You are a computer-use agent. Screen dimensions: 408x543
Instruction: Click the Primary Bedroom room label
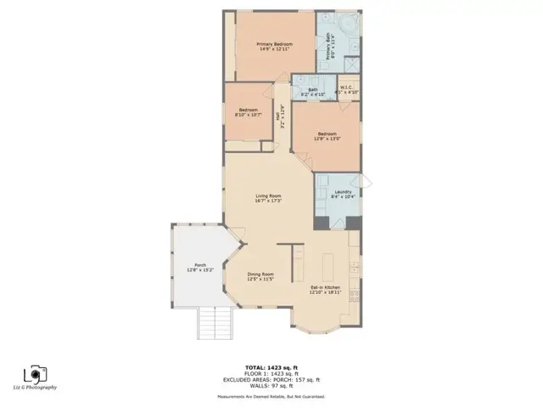276,46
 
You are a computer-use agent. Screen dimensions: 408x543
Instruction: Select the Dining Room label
260,275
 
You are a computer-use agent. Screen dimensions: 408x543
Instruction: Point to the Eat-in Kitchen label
326,290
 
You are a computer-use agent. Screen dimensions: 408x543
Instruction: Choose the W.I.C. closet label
349,89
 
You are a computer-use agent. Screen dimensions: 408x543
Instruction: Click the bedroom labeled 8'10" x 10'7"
249,111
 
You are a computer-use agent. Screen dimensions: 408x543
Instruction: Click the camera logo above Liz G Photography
35,374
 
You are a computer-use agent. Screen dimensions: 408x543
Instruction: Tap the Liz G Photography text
39,388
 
